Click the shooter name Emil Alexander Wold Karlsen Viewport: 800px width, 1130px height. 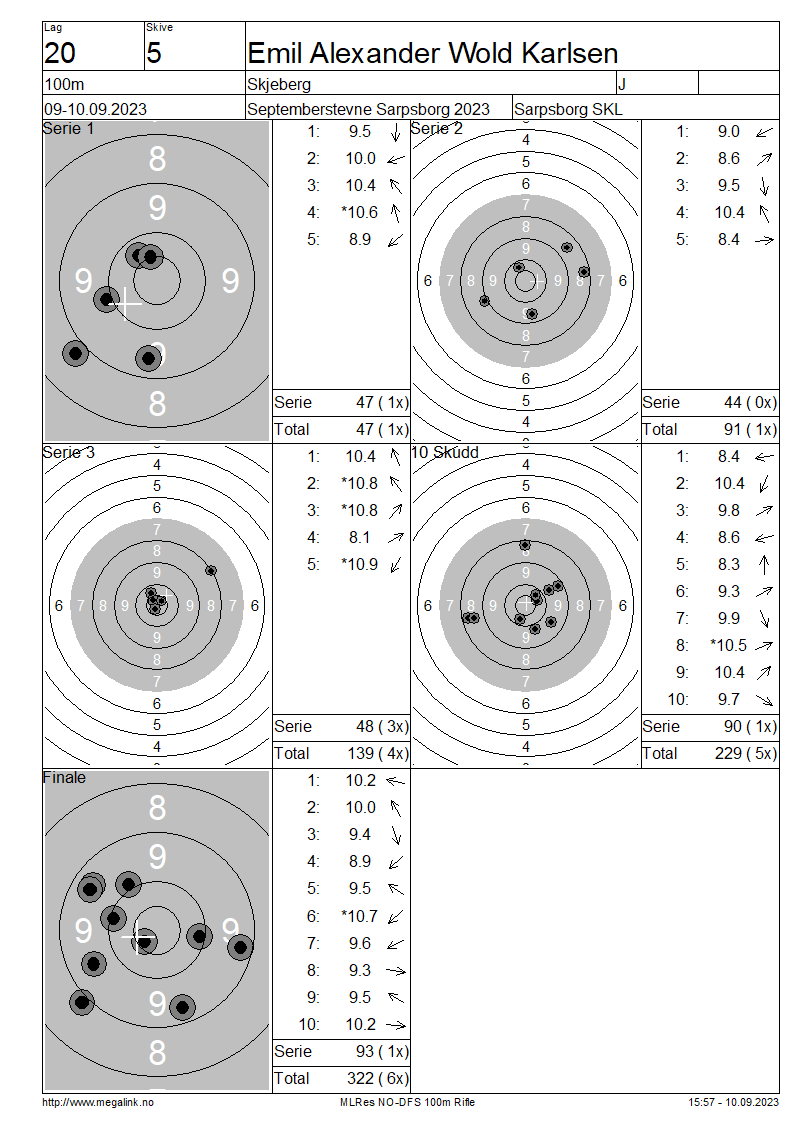(x=432, y=53)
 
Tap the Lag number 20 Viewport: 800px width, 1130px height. (x=60, y=53)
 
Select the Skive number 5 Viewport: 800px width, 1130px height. (x=154, y=53)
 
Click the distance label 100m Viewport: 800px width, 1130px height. (x=64, y=84)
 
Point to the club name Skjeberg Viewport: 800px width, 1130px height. (x=279, y=84)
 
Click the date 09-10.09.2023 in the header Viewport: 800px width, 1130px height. (x=95, y=110)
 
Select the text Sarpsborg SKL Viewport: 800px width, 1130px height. (x=568, y=110)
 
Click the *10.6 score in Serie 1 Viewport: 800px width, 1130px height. (x=360, y=213)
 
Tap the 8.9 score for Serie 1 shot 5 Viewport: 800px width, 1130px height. (x=360, y=239)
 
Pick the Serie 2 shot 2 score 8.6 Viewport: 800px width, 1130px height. (x=729, y=159)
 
